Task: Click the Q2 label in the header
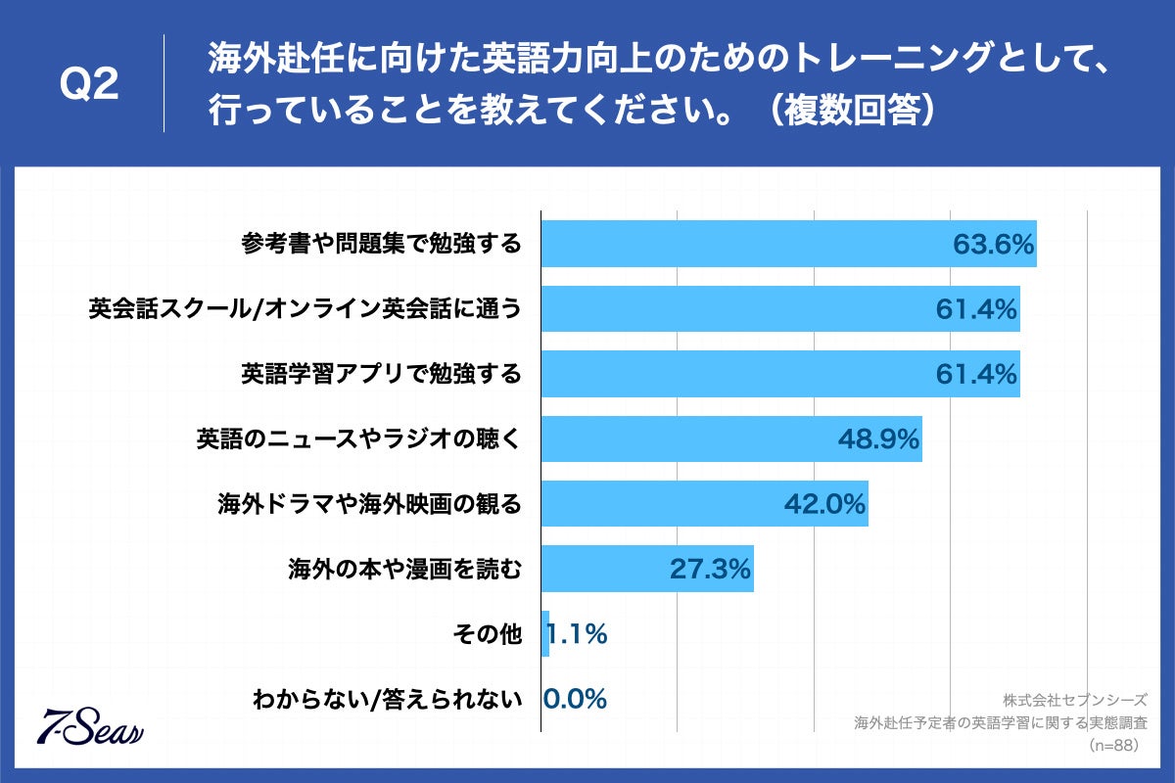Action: pos(89,86)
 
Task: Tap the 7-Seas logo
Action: pos(89,725)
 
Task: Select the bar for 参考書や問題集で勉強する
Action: pos(744,244)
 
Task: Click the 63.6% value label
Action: pos(994,245)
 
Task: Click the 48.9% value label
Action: pos(878,439)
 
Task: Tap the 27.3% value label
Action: pos(710,569)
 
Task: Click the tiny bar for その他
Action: pos(545,634)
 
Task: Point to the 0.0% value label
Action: pos(576,699)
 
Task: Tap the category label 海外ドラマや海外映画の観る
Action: pos(369,504)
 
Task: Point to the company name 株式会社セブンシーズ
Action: pos(1074,701)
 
